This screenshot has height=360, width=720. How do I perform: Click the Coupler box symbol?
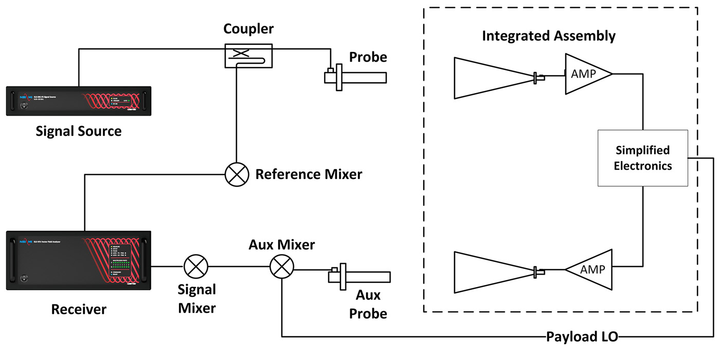click(248, 55)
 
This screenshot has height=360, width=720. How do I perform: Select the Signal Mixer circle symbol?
click(196, 266)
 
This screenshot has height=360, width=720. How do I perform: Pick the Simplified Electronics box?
click(642, 158)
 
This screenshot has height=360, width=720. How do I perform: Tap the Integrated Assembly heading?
click(548, 36)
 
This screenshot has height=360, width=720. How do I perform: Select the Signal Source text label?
click(78, 131)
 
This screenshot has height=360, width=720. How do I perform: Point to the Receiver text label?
click(78, 309)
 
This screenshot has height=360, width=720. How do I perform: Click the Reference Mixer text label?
click(309, 174)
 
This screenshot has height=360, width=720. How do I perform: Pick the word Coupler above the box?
click(248, 29)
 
